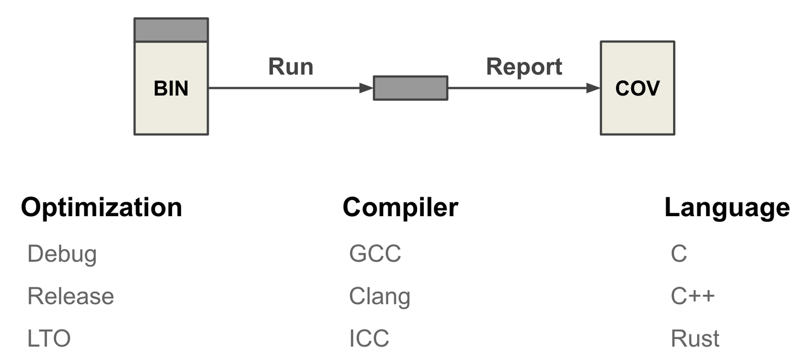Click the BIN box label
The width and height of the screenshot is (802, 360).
171,89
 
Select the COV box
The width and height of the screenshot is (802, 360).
637,88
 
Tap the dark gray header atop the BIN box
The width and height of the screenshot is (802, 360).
171,30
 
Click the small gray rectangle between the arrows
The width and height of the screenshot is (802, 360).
410,88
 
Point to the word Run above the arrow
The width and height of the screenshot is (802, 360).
291,67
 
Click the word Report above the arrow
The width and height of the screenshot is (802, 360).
524,67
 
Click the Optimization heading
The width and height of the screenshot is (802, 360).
101,207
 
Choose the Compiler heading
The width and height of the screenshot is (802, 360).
400,207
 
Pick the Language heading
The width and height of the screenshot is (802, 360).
727,207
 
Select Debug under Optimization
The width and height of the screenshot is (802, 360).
62,254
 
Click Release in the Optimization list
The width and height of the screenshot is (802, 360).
71,296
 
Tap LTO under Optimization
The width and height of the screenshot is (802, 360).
49,338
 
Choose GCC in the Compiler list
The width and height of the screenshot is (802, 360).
375,254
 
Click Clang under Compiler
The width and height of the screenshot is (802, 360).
379,296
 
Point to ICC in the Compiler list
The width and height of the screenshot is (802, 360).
369,338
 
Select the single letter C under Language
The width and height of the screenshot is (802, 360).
679,254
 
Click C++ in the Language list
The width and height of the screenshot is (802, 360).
692,296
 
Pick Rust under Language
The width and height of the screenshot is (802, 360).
695,338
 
